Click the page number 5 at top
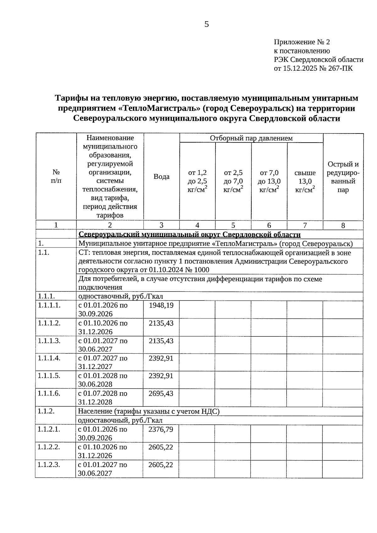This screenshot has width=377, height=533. (206, 24)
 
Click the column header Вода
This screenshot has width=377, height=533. (161, 177)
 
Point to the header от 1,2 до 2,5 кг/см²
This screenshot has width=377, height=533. (197, 181)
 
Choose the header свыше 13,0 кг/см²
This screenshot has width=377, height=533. (305, 181)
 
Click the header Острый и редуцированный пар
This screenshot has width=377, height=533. (343, 177)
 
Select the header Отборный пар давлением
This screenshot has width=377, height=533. (251, 138)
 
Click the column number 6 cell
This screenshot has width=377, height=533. (269, 225)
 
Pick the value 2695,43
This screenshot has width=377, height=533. (161, 394)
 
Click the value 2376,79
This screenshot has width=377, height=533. (161, 429)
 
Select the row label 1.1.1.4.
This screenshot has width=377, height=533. (49, 358)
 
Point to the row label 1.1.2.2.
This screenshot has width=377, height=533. (49, 447)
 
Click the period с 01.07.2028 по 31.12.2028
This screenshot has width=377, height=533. (103, 398)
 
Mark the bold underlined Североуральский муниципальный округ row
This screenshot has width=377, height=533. (189, 235)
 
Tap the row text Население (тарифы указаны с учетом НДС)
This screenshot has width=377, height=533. (149, 411)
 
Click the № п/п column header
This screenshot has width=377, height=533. (56, 177)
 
